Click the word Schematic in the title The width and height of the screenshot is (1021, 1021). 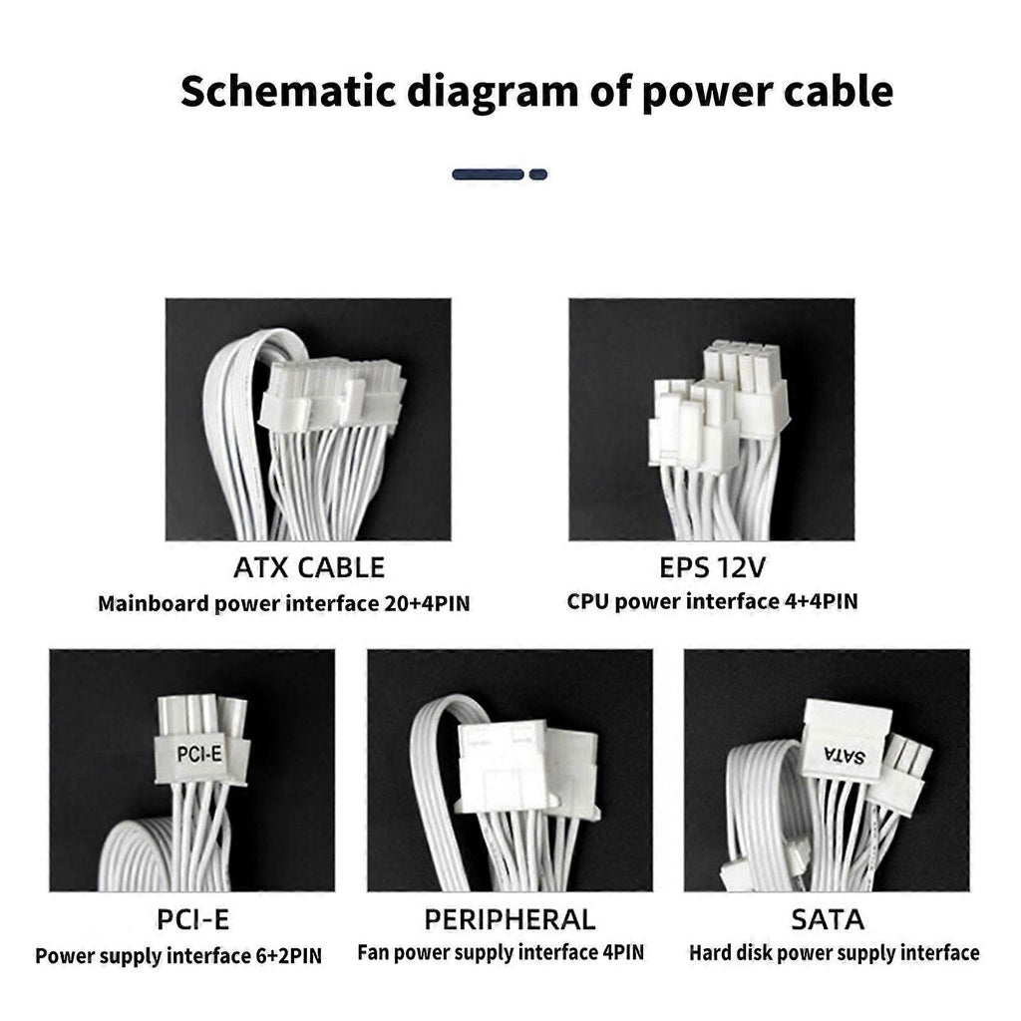(x=288, y=92)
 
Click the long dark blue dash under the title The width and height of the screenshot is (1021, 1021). (x=488, y=174)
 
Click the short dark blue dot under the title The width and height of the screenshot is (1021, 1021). (x=537, y=174)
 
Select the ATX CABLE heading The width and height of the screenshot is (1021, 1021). (x=309, y=567)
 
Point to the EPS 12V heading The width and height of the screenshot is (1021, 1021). (x=712, y=567)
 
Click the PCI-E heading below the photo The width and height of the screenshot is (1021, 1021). (x=192, y=920)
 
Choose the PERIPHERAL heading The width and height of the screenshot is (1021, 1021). (x=510, y=920)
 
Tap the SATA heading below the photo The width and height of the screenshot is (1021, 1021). (x=828, y=920)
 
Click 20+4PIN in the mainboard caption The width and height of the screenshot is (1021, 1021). (x=427, y=603)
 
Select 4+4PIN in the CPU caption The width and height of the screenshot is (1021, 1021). (x=821, y=601)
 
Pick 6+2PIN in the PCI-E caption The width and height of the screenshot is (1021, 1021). (x=285, y=956)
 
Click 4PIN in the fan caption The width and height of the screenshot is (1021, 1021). (x=623, y=952)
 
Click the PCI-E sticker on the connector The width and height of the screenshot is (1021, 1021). (x=199, y=754)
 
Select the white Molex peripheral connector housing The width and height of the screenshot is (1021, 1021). (x=526, y=768)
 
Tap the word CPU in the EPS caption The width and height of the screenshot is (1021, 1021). (x=588, y=601)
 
